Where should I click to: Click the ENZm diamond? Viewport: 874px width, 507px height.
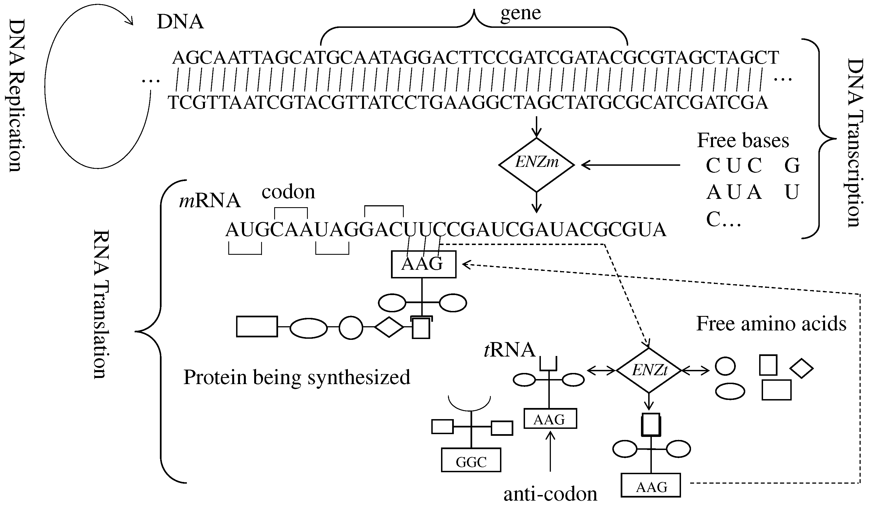pyautogui.click(x=536, y=165)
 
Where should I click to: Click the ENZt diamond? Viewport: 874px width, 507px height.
pyautogui.click(x=649, y=370)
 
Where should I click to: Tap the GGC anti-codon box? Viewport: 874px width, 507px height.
pyautogui.click(x=471, y=460)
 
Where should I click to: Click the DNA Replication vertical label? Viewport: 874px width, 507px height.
pyautogui.click(x=16, y=95)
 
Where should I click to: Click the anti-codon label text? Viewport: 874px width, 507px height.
pyautogui.click(x=550, y=494)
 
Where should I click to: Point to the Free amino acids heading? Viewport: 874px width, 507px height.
pyautogui.click(x=771, y=323)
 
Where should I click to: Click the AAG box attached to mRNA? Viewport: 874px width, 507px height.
pyautogui.click(x=424, y=264)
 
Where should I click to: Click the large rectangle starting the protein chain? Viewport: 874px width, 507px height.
pyautogui.click(x=257, y=327)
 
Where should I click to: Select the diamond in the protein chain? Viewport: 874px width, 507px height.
pyautogui.click(x=389, y=327)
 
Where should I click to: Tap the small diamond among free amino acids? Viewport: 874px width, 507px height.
pyautogui.click(x=801, y=368)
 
